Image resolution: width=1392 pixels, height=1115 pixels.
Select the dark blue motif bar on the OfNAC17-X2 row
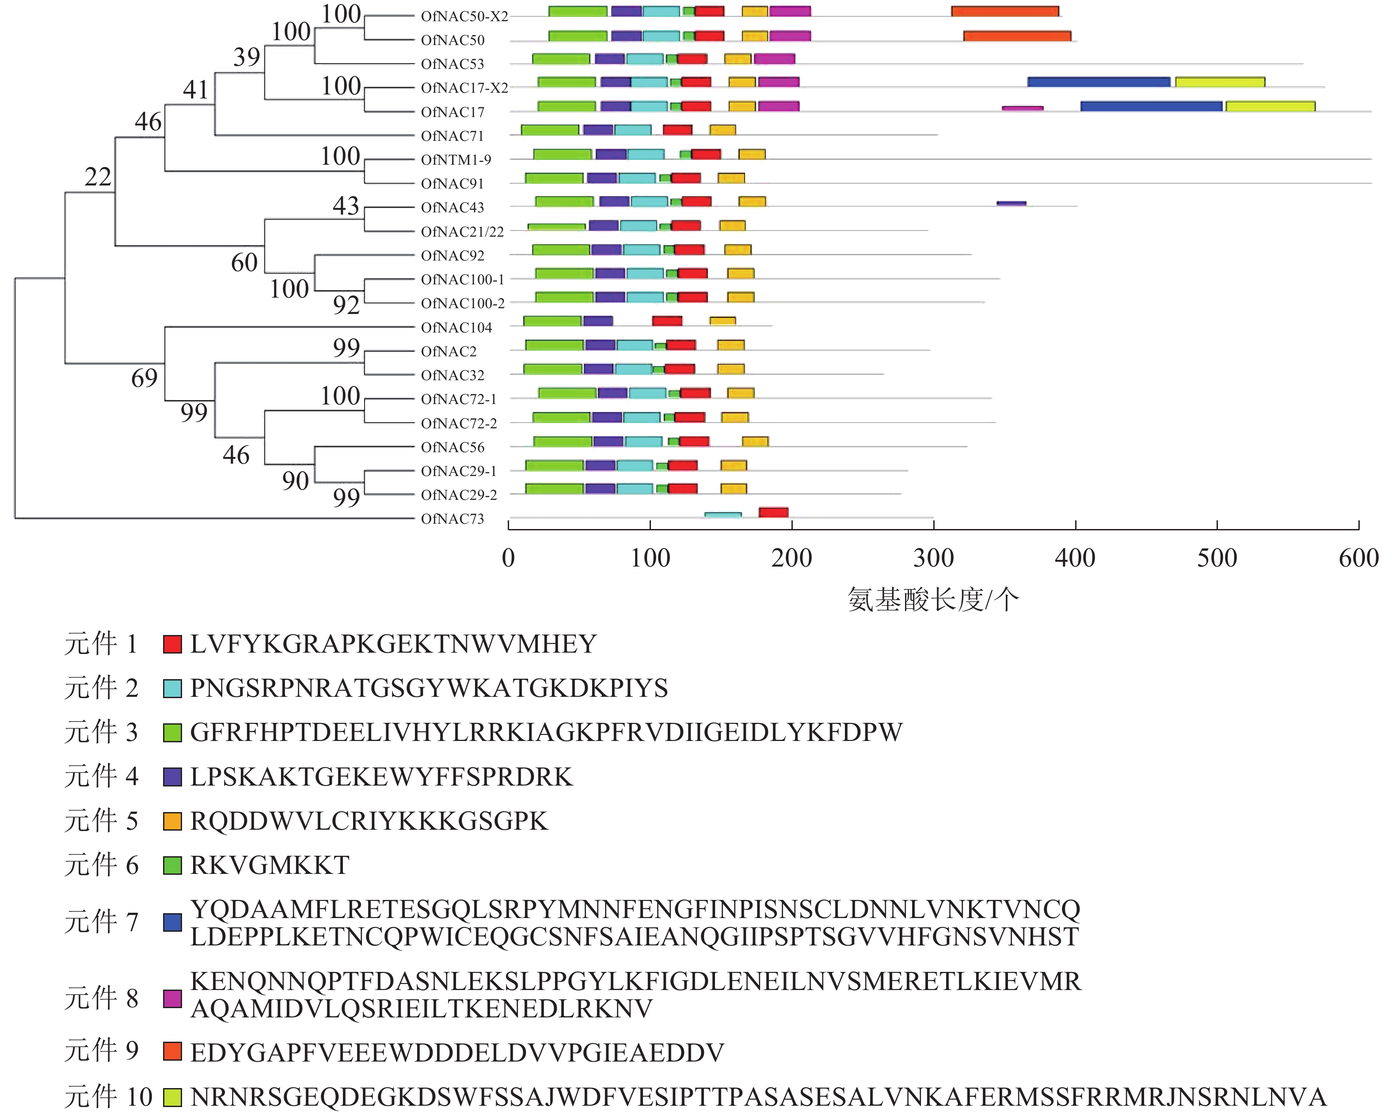tap(1098, 82)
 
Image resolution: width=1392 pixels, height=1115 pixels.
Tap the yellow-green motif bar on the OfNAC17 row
tap(1270, 106)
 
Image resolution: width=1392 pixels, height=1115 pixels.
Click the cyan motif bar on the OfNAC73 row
tap(723, 515)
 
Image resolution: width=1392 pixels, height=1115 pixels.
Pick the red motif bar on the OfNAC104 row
tap(667, 321)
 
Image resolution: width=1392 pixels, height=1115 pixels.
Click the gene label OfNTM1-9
tap(456, 159)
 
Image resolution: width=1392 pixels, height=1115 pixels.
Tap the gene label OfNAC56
tap(452, 447)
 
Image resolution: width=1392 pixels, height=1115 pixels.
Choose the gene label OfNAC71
tap(452, 136)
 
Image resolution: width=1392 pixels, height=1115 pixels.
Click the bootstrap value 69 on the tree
tap(144, 378)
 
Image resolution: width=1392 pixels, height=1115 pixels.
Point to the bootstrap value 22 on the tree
tap(98, 177)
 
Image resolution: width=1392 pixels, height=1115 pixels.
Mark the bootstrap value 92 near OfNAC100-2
tap(346, 305)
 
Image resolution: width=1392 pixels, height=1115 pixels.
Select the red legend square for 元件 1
tap(172, 644)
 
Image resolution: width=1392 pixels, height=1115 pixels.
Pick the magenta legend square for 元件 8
tap(172, 998)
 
